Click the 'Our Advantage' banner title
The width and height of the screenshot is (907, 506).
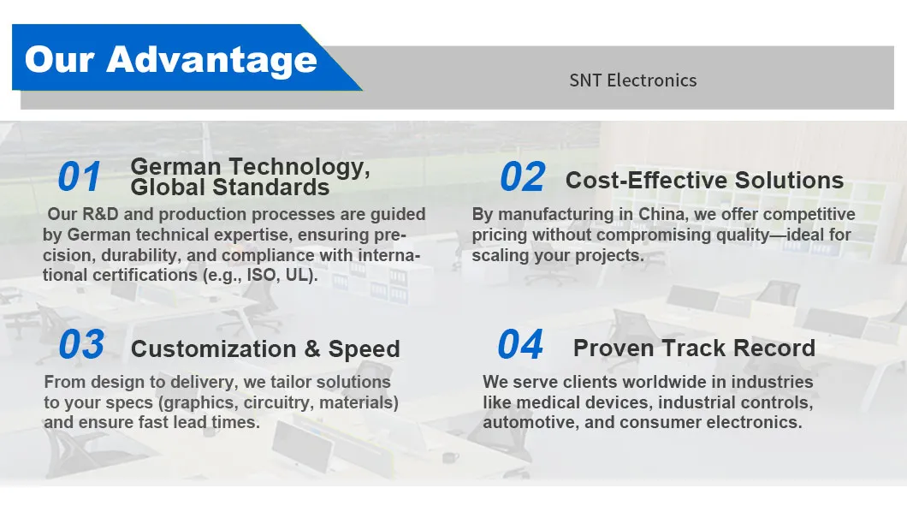tap(170, 60)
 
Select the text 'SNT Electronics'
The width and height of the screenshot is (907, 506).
tap(632, 80)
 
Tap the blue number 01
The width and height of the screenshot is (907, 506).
tap(80, 177)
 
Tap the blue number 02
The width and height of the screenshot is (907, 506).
tap(522, 177)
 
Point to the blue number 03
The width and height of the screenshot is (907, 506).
tap(81, 345)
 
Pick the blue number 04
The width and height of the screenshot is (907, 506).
tap(520, 345)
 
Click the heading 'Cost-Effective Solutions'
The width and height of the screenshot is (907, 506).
tap(704, 181)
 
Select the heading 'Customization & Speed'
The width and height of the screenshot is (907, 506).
tap(265, 349)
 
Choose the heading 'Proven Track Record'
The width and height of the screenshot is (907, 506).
tap(694, 348)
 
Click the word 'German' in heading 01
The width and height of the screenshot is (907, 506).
tap(175, 167)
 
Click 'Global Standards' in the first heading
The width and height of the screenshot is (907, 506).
tap(229, 188)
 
